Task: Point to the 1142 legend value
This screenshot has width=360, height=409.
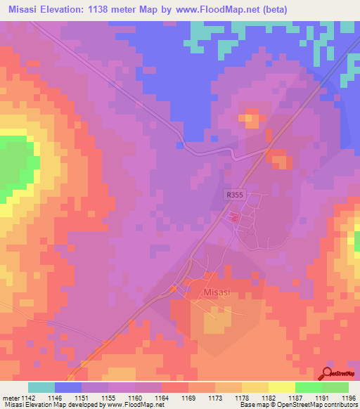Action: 29,398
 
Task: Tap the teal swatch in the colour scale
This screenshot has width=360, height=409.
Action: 41,387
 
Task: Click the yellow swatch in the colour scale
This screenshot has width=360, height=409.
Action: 281,387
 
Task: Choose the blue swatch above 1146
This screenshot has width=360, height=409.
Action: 68,387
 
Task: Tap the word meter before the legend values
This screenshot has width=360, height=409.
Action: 9,398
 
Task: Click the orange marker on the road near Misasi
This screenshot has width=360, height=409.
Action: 174,289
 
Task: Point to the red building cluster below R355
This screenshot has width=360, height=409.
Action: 235,219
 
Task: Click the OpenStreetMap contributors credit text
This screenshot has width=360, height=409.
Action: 316,405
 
